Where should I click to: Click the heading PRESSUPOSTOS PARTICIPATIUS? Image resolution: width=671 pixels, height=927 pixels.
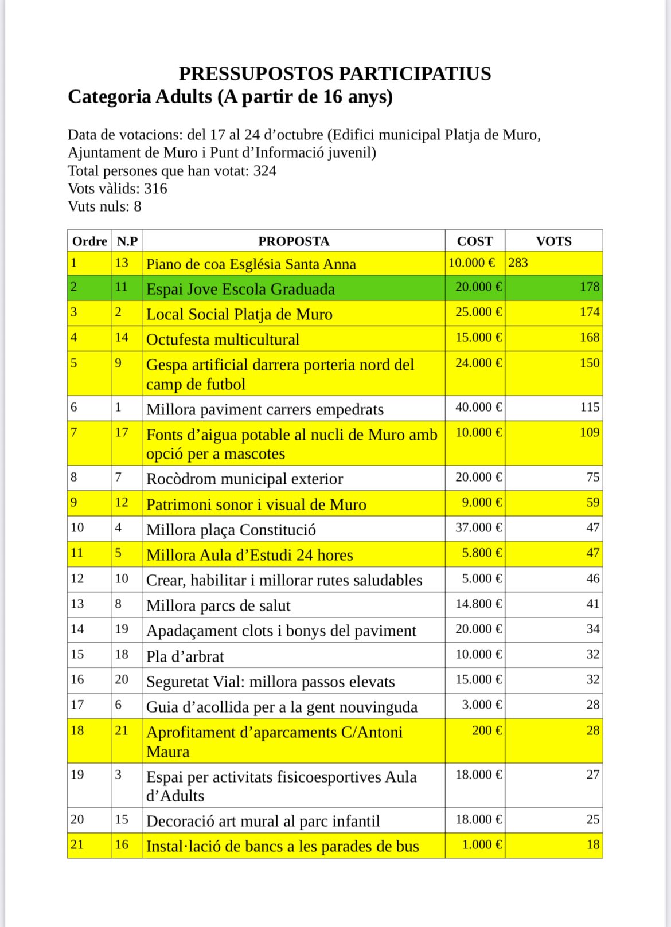click(x=335, y=74)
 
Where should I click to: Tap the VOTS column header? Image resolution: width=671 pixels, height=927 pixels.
click(x=553, y=241)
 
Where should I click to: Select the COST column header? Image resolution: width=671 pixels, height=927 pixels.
click(x=475, y=241)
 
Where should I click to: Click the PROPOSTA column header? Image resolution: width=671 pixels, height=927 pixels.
click(x=294, y=241)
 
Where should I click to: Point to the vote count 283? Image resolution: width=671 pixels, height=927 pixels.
click(x=518, y=263)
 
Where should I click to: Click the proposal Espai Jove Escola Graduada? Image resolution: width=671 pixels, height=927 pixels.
click(x=240, y=289)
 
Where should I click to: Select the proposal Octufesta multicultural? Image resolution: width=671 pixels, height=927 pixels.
click(x=223, y=339)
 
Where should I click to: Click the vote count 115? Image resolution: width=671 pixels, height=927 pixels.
click(x=590, y=408)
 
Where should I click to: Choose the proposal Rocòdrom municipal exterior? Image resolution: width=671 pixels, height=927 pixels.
click(x=244, y=479)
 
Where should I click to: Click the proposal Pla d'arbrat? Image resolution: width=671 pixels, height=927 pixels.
click(x=185, y=656)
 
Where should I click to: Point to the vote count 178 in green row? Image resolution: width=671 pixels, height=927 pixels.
click(x=590, y=287)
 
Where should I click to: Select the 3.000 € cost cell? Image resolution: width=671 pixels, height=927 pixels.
click(x=482, y=705)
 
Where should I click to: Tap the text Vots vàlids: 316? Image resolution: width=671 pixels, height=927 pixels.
click(x=118, y=189)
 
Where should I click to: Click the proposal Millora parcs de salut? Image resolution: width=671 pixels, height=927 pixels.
click(x=218, y=606)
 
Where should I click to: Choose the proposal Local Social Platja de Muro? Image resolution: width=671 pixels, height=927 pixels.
click(x=239, y=314)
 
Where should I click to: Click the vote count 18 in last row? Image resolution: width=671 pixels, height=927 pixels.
click(x=593, y=844)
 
